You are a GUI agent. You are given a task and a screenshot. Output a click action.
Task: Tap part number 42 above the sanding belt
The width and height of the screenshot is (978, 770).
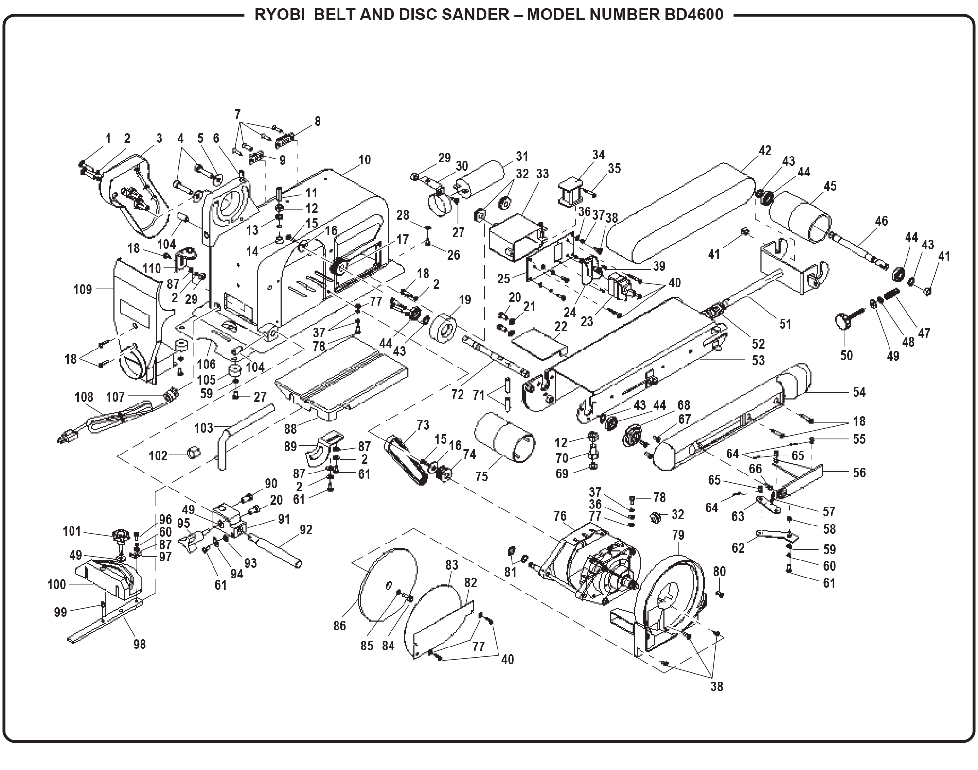(x=765, y=151)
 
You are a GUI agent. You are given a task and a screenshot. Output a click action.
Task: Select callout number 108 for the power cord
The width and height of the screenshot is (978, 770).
(x=84, y=397)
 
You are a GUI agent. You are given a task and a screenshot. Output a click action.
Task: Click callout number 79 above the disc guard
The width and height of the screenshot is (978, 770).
(x=677, y=535)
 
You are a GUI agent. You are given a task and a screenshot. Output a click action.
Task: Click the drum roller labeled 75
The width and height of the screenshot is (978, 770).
(x=505, y=441)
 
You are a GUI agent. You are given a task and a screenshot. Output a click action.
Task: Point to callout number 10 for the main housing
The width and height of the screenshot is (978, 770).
(x=365, y=160)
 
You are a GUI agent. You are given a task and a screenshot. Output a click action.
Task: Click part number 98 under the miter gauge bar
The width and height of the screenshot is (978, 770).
(x=139, y=645)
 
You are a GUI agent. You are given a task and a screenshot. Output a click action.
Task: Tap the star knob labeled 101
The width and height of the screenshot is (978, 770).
(x=119, y=536)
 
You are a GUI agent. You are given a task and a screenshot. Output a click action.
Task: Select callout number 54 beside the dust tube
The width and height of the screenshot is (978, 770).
(x=859, y=392)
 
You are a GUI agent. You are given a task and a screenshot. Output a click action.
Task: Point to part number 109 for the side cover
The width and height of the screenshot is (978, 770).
(x=83, y=290)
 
